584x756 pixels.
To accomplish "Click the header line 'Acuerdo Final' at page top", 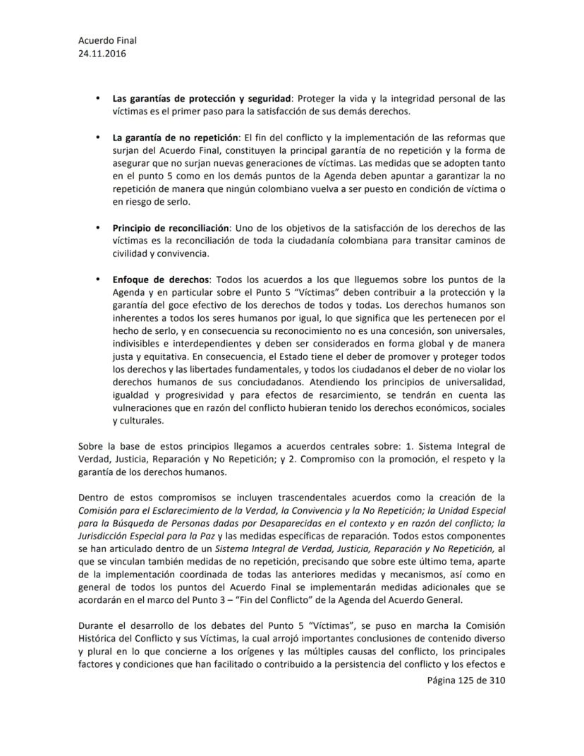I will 107,41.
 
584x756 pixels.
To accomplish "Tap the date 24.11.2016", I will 103,54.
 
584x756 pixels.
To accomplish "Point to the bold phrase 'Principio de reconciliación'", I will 171,228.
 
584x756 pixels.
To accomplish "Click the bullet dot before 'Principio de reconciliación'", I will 97,228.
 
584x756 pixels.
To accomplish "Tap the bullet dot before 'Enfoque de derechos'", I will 97,279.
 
